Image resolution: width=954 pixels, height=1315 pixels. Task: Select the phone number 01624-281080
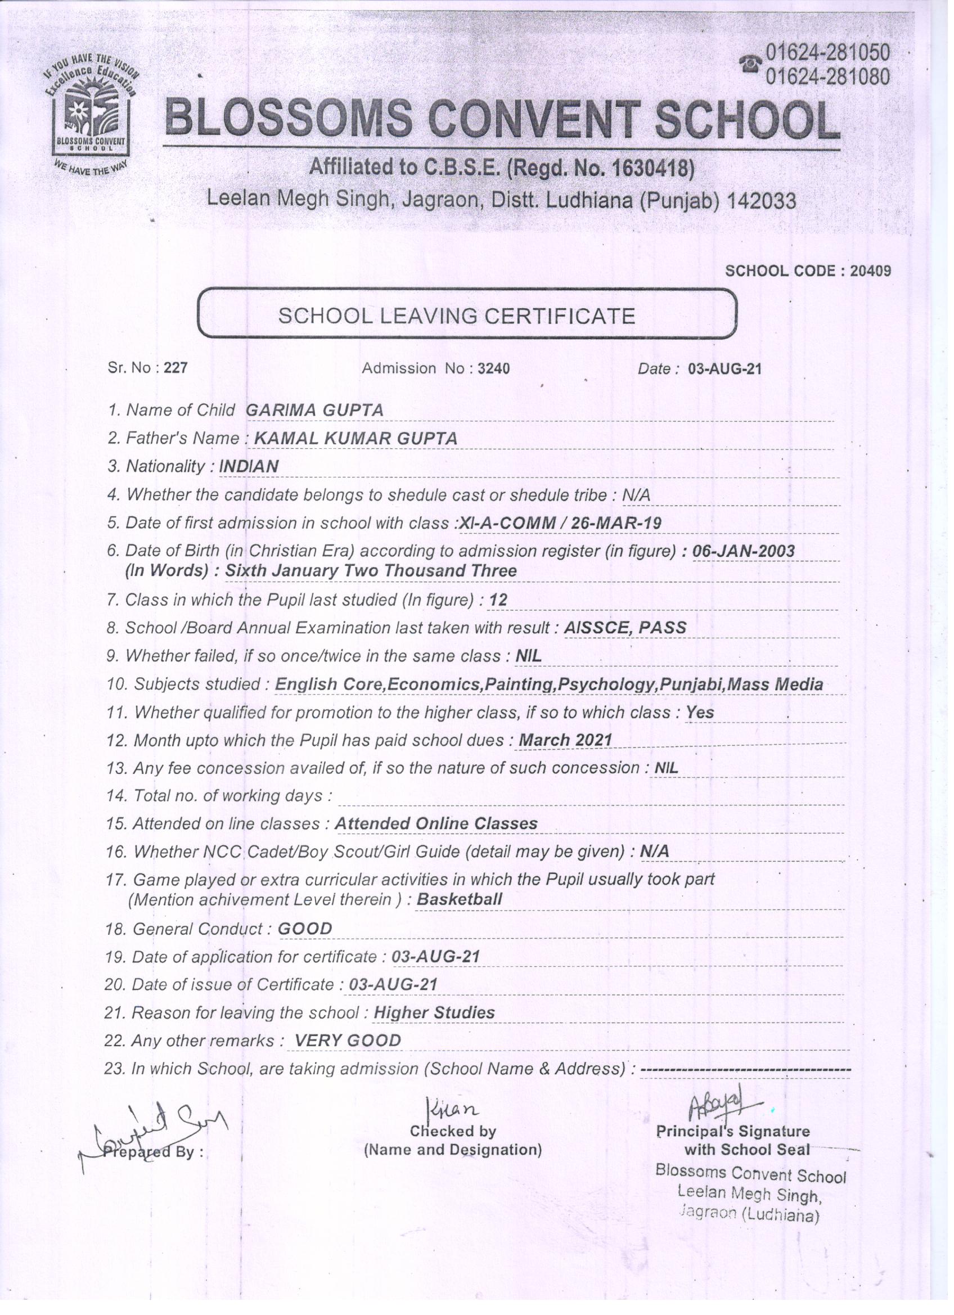(x=827, y=76)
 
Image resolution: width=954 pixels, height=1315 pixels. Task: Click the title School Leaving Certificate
(x=457, y=316)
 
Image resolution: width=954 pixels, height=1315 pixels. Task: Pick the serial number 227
(x=175, y=368)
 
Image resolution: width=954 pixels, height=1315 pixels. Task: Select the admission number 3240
(x=493, y=368)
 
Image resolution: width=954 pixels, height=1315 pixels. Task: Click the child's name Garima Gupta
(x=315, y=411)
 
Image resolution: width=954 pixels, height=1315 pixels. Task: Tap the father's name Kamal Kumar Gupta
(x=355, y=439)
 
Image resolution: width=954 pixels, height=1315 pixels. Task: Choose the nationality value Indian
(x=249, y=467)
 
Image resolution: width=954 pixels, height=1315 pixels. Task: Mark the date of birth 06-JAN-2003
(x=744, y=551)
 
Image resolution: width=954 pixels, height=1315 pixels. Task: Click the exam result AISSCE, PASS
(x=625, y=627)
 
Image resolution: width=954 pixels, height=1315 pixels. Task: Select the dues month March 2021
(x=565, y=740)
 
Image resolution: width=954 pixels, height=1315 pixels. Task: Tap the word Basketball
(x=460, y=900)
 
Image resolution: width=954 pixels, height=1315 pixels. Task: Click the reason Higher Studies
(x=434, y=1013)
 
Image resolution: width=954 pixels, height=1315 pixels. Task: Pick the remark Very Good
(x=348, y=1041)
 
